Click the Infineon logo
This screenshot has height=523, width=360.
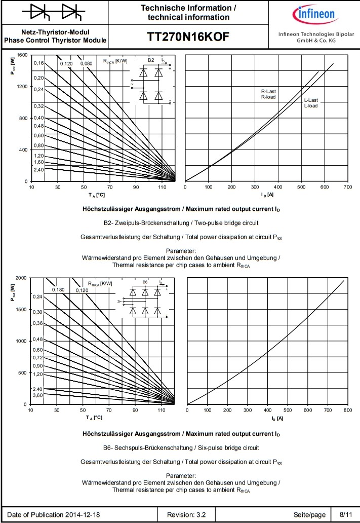(x=315, y=13)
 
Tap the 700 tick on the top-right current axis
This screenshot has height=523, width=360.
(x=347, y=188)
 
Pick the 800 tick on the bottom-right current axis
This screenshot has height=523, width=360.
(x=347, y=410)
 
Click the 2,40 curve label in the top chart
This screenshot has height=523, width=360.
(x=39, y=169)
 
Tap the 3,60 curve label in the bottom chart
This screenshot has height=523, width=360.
(x=38, y=395)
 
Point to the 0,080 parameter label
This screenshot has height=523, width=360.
(x=87, y=63)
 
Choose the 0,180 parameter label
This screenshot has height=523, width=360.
(x=59, y=290)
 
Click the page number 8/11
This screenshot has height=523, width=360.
(x=346, y=514)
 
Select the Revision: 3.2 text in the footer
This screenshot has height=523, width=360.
(x=187, y=514)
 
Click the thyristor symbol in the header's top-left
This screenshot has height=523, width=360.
(x=54, y=12)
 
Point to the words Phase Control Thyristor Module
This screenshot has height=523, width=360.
(x=55, y=40)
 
